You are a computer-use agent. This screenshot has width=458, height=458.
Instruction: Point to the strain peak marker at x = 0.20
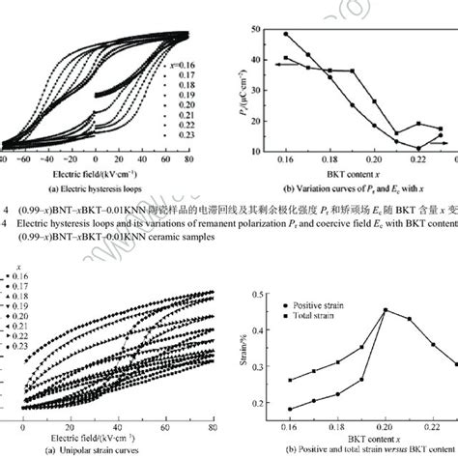click(386, 310)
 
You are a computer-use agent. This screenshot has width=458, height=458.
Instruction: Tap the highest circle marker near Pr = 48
click(288, 34)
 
